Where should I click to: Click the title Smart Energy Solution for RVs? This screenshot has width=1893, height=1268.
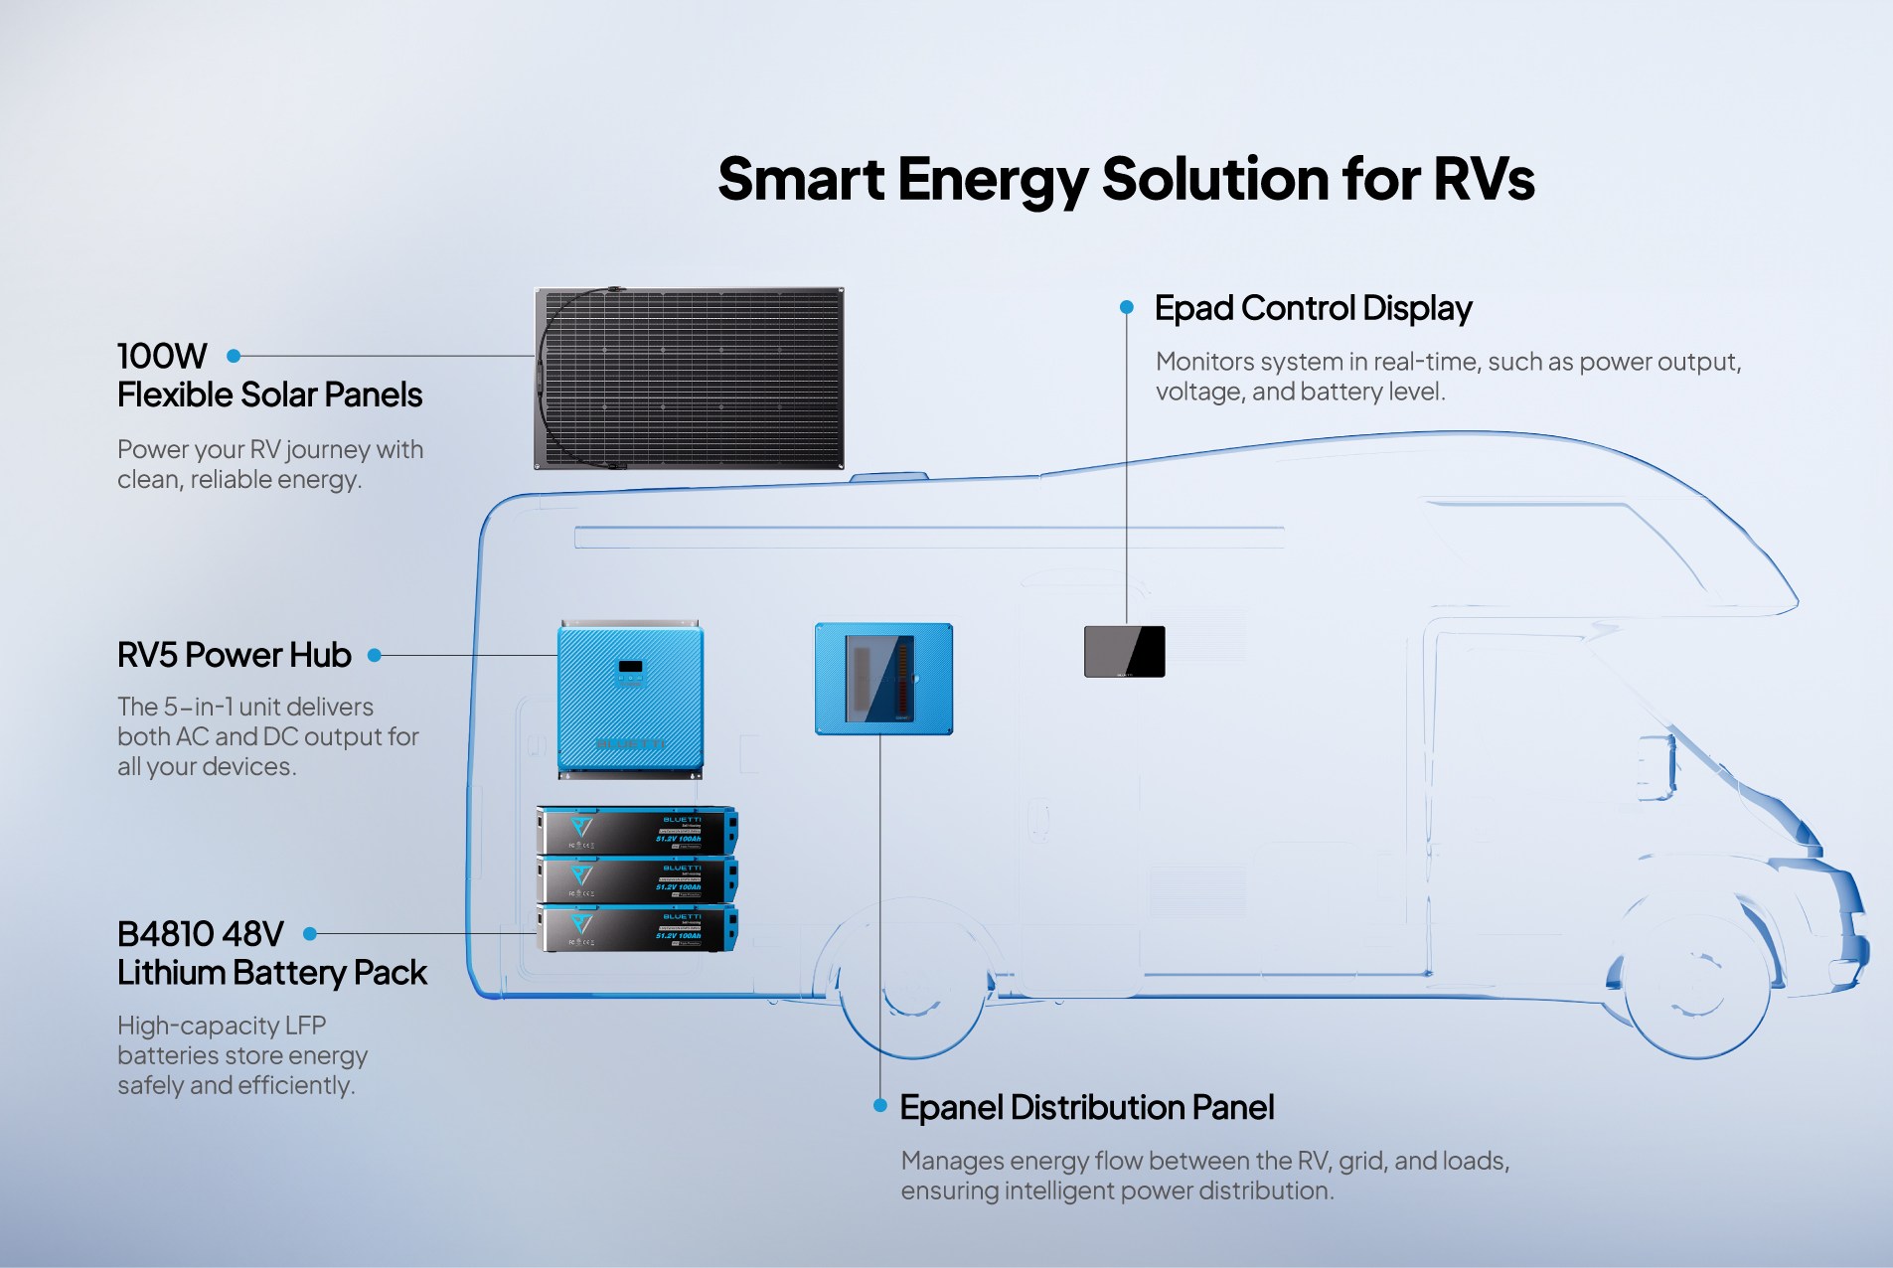tap(1126, 180)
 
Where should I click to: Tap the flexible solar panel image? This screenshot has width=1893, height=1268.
tap(690, 379)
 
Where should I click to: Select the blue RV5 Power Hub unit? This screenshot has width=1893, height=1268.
tap(630, 701)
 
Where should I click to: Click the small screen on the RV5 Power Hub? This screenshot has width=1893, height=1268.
tap(630, 667)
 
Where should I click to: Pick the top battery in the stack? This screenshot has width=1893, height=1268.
tap(636, 831)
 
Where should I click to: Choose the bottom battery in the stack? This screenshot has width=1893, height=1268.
tap(636, 928)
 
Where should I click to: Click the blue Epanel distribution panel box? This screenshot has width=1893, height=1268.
tap(883, 679)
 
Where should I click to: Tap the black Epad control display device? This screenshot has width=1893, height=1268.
tap(1124, 651)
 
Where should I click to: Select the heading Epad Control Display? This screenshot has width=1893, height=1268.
tap(1313, 308)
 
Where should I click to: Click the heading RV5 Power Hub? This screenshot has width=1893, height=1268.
tap(234, 655)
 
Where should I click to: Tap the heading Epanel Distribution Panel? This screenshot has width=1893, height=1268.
tap(1086, 1107)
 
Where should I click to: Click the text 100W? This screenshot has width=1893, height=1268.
tap(162, 356)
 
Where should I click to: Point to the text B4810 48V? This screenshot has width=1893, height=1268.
tap(200, 934)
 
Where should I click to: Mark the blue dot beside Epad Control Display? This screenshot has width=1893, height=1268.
tap(1126, 308)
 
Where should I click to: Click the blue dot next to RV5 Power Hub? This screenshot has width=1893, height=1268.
tap(375, 655)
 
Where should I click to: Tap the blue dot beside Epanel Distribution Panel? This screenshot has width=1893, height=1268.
tap(879, 1106)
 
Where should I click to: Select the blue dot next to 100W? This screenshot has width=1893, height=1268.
tap(234, 356)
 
